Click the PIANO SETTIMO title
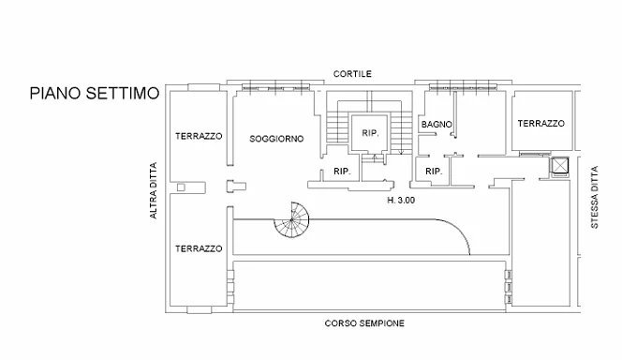pos(95,93)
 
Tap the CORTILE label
pos(352,74)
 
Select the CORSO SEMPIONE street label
pos(364,323)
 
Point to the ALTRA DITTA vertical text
pos(153,190)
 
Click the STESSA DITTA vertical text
pos(594,197)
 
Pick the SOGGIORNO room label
pos(276,139)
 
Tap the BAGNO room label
pos(437,125)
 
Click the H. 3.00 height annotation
pos(401,200)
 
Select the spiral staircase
pos(291,219)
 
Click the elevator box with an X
pos(560,166)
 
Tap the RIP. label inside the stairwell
pos(371,133)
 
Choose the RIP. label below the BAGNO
pos(434,171)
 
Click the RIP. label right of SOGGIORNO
pos(342,171)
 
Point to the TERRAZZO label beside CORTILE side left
pos(199,136)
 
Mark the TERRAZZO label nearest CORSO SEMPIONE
pos(199,248)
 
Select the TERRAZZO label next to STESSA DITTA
pos(541,124)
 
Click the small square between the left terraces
pos(181,187)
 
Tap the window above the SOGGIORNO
pos(275,87)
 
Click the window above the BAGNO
pos(464,87)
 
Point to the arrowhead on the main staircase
pos(401,152)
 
